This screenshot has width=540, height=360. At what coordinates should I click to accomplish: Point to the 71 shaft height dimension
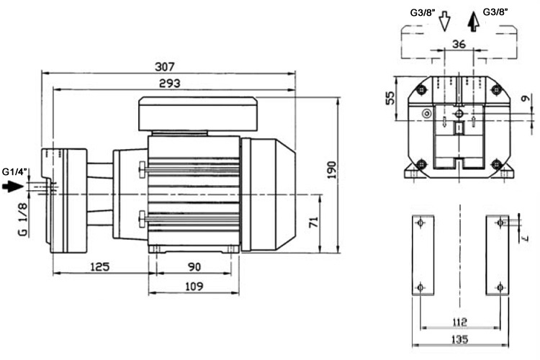313,223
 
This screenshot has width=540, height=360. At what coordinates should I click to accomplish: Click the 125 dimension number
99,267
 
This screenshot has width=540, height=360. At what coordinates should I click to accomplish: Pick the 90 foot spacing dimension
194,267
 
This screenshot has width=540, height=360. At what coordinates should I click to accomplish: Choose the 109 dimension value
194,286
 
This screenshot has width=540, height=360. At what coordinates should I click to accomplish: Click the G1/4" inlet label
14,171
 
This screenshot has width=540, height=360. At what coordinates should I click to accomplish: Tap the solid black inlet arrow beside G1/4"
13,186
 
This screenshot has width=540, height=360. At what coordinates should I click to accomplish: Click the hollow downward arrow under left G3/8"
444,21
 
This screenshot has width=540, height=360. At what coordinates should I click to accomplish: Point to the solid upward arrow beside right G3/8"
473,21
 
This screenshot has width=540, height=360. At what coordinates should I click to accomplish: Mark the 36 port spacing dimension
459,44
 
